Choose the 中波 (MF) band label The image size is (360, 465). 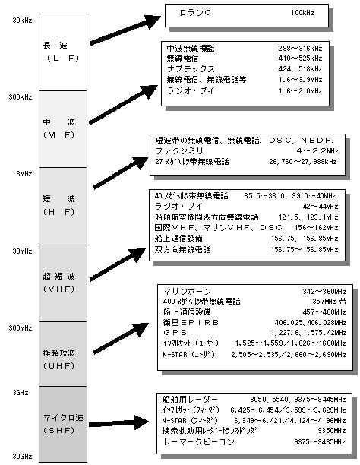click(57, 128)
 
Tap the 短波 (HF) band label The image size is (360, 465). click(57, 204)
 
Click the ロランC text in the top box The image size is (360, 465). click(196, 14)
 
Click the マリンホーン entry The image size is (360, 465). click(185, 292)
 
